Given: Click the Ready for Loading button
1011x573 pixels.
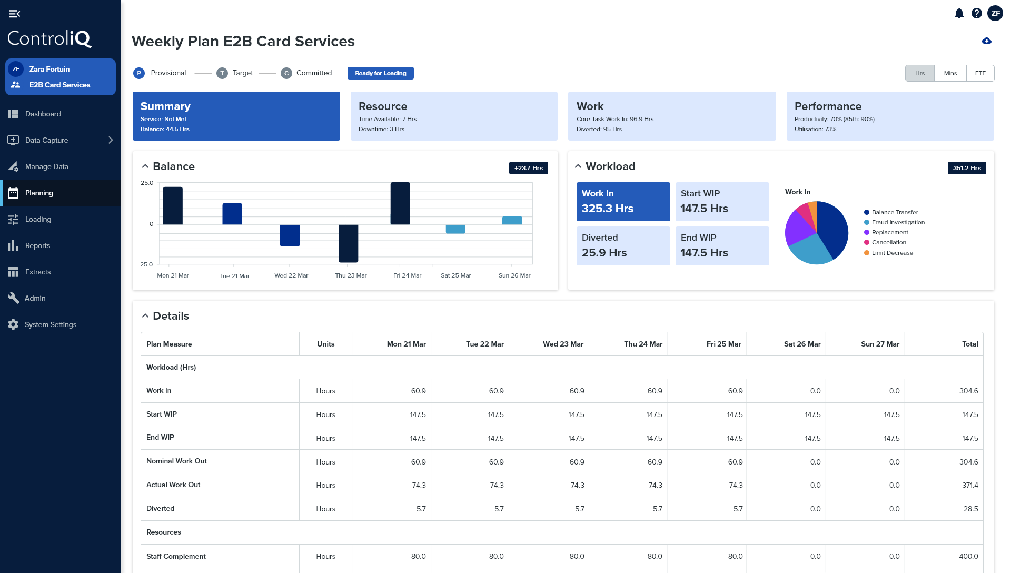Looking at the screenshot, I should pyautogui.click(x=380, y=73).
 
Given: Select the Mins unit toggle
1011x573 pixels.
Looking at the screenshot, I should pyautogui.click(x=950, y=73).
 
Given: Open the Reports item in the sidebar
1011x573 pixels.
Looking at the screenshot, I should pyautogui.click(x=37, y=245).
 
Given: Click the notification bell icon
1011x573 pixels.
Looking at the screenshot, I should pyautogui.click(x=959, y=13).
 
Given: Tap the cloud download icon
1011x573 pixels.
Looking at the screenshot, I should pyautogui.click(x=987, y=41).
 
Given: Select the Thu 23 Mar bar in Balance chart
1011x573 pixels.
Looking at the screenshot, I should pyautogui.click(x=348, y=243).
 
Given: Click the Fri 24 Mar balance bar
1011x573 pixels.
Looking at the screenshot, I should pyautogui.click(x=400, y=203).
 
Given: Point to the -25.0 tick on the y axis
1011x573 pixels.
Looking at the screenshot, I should pyautogui.click(x=146, y=264).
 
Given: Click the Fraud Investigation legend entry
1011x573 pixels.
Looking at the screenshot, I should pyautogui.click(x=898, y=222).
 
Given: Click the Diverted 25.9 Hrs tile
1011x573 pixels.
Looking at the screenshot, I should pyautogui.click(x=623, y=245).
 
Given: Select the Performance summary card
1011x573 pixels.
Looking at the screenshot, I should pyautogui.click(x=890, y=116).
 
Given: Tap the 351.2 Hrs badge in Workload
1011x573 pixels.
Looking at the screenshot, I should pyautogui.click(x=966, y=168).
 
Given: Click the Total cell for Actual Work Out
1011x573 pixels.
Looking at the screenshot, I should pyautogui.click(x=969, y=485).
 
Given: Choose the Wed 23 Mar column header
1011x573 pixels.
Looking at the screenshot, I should pyautogui.click(x=562, y=344).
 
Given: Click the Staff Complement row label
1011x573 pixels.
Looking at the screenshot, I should pyautogui.click(x=176, y=556).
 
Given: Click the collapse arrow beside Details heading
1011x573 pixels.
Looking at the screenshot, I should pyautogui.click(x=145, y=316).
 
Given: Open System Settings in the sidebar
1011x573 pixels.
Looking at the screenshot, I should pyautogui.click(x=50, y=324).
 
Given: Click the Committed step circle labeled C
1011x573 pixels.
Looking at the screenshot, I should pyautogui.click(x=286, y=73).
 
